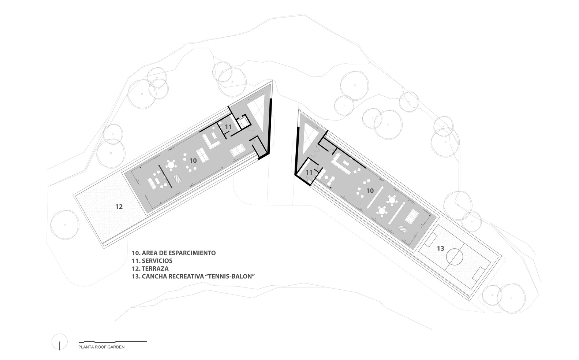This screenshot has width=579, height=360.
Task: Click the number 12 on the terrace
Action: point(119,207)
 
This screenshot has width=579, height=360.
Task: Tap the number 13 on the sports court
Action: point(440,249)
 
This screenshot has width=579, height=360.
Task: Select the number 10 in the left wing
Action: point(193,161)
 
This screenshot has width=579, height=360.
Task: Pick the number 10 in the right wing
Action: point(370,190)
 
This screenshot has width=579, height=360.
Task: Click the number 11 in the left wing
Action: point(228,127)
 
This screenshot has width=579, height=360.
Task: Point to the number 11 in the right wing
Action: point(309,172)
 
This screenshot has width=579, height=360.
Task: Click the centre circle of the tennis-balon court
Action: point(456,257)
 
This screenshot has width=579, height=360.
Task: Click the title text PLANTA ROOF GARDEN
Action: point(101,347)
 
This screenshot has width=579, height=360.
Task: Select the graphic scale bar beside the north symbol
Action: point(113,341)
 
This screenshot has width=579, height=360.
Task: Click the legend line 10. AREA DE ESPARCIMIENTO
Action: point(174,253)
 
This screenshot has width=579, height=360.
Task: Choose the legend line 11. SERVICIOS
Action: point(152,261)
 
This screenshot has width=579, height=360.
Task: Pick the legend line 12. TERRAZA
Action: point(150,268)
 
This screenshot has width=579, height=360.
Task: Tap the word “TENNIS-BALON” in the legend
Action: point(230,276)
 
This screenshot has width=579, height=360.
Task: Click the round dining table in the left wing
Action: point(171,164)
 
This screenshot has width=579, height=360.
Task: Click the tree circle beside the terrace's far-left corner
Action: point(65,225)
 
